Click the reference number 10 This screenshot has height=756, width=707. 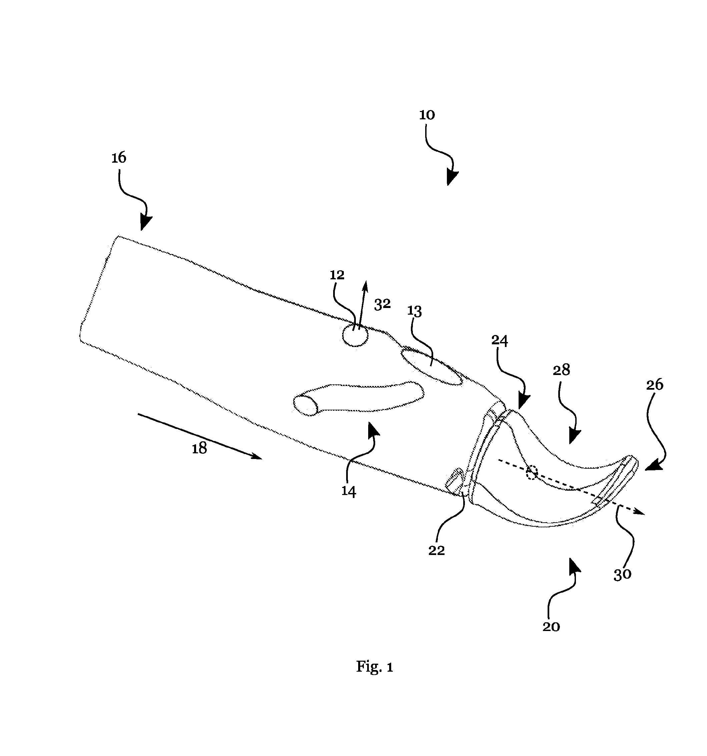pyautogui.click(x=427, y=115)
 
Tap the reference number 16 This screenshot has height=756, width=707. pyautogui.click(x=119, y=157)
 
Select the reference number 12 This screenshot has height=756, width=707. pyautogui.click(x=337, y=275)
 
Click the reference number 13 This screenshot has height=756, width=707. pyautogui.click(x=415, y=311)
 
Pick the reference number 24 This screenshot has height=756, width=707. pyautogui.click(x=500, y=340)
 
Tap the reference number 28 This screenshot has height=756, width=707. pyautogui.click(x=561, y=370)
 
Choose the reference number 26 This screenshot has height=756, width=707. pyautogui.click(x=655, y=385)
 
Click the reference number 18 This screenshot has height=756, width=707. pyautogui.click(x=199, y=449)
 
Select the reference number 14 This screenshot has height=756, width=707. pyautogui.click(x=348, y=492)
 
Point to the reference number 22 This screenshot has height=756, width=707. pyautogui.click(x=437, y=550)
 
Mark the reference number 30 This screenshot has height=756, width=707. pyautogui.click(x=622, y=574)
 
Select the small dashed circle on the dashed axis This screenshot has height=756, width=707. pyautogui.click(x=532, y=473)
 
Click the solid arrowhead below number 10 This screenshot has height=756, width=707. pyautogui.click(x=452, y=178)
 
